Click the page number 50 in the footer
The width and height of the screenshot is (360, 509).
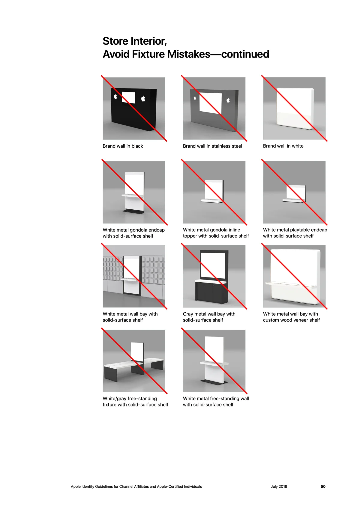coord(323,487)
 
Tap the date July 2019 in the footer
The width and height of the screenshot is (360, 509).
coord(279,487)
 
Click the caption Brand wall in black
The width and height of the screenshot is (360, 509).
coord(123,146)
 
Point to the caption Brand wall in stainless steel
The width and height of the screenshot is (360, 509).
coord(212,146)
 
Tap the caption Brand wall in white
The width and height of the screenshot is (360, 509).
coord(283,146)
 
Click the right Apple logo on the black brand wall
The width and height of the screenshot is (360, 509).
coord(143,99)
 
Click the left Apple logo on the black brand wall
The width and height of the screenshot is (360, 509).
coord(115,96)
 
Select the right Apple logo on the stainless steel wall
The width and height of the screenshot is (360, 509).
coord(228,100)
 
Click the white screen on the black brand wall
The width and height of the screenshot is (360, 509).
coord(128,97)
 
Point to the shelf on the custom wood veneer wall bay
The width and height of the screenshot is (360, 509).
coord(291,285)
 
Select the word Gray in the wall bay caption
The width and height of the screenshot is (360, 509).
coord(188,314)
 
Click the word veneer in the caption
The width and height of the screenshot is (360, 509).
coord(303,320)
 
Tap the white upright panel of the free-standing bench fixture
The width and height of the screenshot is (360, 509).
coord(137,352)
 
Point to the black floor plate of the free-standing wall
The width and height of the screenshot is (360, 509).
coord(214,382)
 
